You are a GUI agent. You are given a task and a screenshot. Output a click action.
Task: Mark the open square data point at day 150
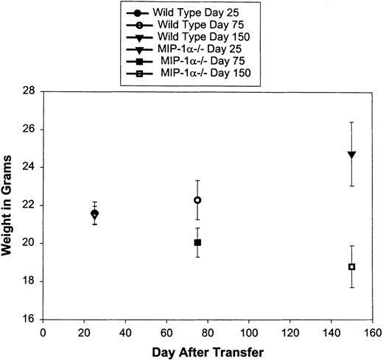tap(352, 267)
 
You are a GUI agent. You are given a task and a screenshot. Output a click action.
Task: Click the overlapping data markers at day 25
tap(94, 214)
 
